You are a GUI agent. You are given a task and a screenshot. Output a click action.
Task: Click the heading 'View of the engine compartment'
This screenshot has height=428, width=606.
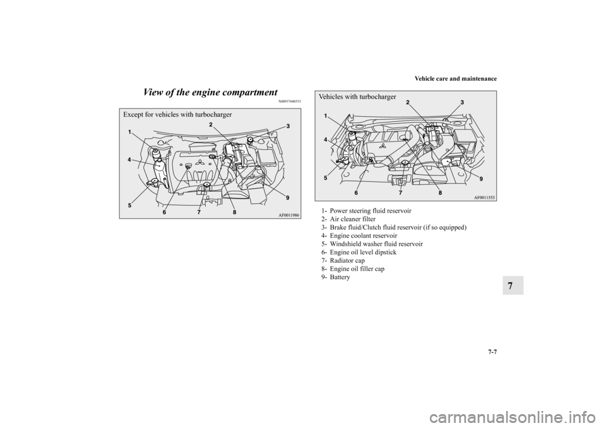pyautogui.click(x=210, y=93)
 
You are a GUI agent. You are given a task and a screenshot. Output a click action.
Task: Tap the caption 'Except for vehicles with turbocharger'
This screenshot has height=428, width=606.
pyautogui.click(x=178, y=114)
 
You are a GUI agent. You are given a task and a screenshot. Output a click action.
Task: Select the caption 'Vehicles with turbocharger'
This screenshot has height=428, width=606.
pyautogui.click(x=357, y=97)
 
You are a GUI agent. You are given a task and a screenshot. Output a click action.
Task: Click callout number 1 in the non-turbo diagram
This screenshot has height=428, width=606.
pyautogui.click(x=130, y=132)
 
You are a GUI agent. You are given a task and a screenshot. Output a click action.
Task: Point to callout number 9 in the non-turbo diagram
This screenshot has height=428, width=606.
pyautogui.click(x=287, y=198)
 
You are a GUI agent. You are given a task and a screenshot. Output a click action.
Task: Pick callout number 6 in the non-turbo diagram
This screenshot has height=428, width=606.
pyautogui.click(x=165, y=212)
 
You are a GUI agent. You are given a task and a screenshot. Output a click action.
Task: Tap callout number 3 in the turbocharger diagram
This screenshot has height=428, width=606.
pyautogui.click(x=462, y=102)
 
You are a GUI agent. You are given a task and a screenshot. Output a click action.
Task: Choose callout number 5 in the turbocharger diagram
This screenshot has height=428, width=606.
pyautogui.click(x=326, y=178)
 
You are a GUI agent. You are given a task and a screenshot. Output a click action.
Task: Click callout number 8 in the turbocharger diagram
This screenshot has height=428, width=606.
pyautogui.click(x=440, y=192)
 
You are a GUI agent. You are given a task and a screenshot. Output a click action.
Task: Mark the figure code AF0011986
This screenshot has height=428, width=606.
pyautogui.click(x=288, y=215)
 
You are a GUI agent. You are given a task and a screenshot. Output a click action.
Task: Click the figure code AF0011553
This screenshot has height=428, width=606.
pyautogui.click(x=485, y=197)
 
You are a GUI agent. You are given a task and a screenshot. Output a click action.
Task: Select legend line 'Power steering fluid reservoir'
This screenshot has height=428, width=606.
pyautogui.click(x=366, y=211)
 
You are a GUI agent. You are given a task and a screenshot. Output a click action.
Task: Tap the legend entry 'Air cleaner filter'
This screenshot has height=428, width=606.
pyautogui.click(x=347, y=219)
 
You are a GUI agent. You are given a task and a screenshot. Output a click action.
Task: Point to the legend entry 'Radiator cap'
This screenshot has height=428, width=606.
pyautogui.click(x=342, y=261)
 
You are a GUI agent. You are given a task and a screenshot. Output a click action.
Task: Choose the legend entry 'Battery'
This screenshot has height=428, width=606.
pyautogui.click(x=335, y=277)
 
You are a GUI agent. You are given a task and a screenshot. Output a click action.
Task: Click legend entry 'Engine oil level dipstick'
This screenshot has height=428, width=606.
pyautogui.click(x=358, y=252)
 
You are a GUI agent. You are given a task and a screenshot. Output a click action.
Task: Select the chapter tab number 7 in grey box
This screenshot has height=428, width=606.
pyautogui.click(x=513, y=285)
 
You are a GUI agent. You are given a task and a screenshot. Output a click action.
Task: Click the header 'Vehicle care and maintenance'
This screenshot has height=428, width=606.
pyautogui.click(x=456, y=79)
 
